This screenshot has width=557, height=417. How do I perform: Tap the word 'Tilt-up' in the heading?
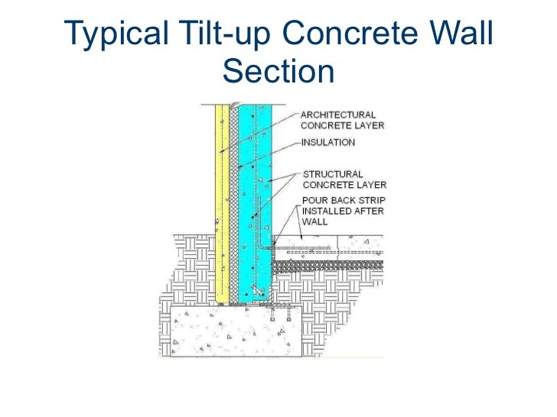[219, 33]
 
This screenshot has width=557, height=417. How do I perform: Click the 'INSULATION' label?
[328, 141]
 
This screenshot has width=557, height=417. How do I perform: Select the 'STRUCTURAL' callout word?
[334, 174]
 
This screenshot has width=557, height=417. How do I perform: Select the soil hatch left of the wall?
[187, 267]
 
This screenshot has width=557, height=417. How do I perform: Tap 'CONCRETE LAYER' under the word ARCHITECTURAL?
[342, 124]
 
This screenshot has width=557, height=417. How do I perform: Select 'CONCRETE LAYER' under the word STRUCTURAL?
[344, 185]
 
